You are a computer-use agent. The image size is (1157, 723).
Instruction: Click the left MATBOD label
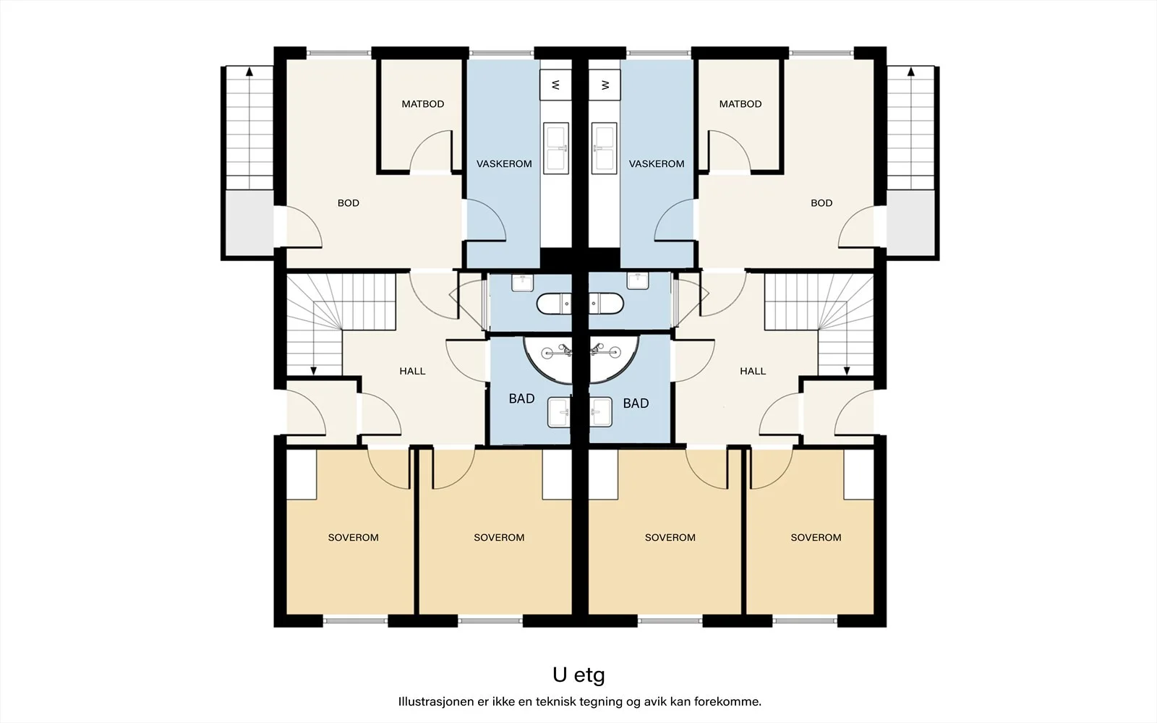422,104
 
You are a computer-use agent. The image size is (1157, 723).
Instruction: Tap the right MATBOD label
740,104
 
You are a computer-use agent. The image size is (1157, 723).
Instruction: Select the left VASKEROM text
503,163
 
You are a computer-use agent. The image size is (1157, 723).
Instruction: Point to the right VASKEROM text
657,163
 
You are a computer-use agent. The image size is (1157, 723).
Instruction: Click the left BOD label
348,203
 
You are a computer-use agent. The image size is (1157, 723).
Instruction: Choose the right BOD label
821,203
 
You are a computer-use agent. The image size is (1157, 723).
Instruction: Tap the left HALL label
412,371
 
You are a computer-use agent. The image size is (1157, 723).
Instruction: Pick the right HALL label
753,371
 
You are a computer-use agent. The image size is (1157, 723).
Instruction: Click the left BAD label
521,398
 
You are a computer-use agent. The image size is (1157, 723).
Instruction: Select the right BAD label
636,403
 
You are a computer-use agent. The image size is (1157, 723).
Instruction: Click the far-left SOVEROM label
354,538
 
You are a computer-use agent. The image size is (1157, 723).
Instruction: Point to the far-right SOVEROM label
816,538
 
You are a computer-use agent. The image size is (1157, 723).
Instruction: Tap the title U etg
578,675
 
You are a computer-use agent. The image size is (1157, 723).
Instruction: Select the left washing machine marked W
555,85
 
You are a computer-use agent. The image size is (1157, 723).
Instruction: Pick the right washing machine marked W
605,85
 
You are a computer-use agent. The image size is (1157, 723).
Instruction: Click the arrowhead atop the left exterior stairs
249,72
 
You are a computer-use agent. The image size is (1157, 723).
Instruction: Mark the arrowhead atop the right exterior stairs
910,72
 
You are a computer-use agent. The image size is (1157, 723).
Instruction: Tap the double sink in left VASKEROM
556,148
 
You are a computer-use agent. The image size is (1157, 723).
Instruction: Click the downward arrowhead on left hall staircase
314,371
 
